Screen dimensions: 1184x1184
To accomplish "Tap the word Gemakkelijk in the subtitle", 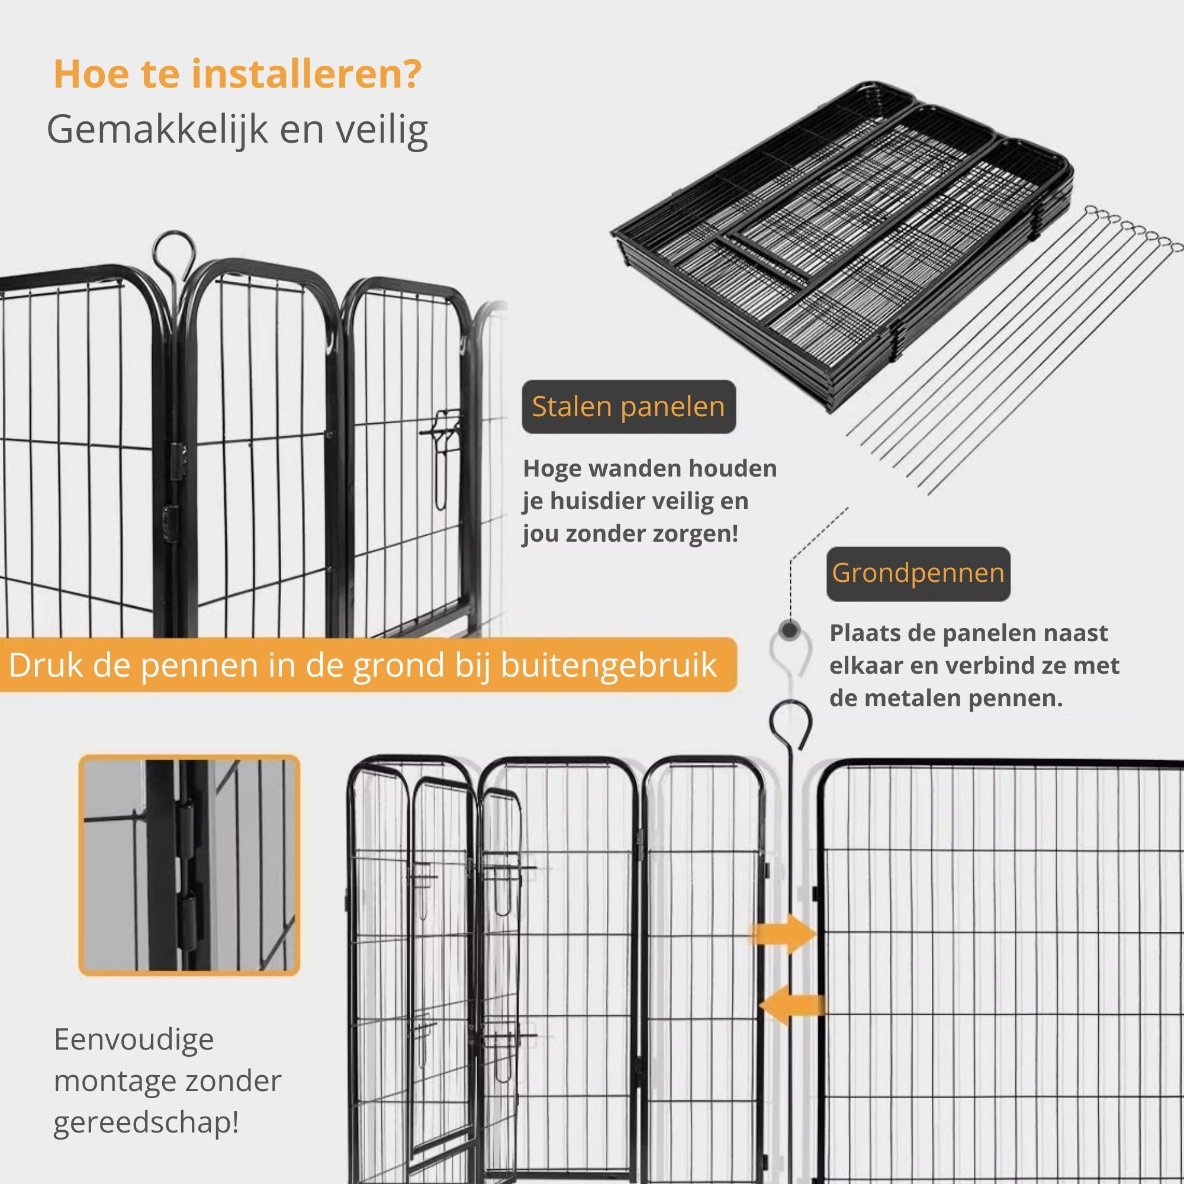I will [157, 130].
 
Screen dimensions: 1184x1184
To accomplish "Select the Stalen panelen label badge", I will [628, 407].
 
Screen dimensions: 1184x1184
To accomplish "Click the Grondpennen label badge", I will [918, 574].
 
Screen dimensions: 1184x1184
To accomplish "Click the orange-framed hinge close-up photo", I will [189, 866].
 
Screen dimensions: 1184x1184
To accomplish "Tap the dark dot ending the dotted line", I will [791, 630].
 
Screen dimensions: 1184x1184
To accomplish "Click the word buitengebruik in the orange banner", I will [609, 665].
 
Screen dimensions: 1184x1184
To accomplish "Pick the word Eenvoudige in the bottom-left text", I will [134, 1040].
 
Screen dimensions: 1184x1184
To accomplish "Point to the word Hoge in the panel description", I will [551, 469].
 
